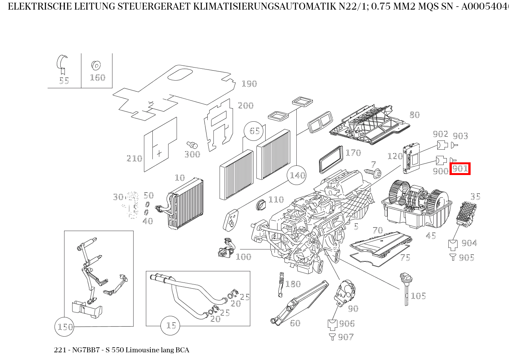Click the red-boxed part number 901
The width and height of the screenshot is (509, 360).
point(460,168)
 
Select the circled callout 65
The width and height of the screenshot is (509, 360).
point(255,131)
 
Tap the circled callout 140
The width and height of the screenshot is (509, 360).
point(297,175)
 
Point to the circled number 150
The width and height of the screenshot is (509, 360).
point(65,327)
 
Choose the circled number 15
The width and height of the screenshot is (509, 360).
point(171,325)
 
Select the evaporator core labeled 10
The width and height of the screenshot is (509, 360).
point(186,203)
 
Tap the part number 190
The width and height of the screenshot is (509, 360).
point(249,84)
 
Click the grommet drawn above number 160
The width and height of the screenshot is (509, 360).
point(96,65)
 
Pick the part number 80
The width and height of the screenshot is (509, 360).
point(414,115)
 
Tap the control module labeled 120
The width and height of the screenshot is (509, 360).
point(411,157)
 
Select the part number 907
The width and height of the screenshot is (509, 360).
point(346,337)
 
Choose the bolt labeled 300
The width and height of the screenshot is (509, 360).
point(193,145)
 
